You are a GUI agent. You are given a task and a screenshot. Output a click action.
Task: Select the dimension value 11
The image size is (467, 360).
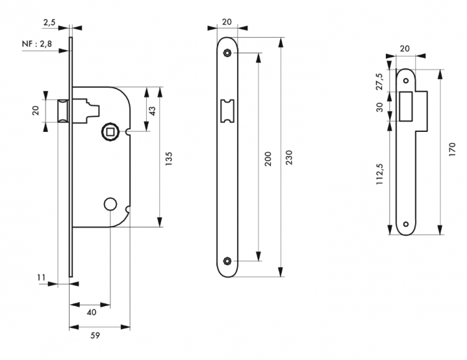42,278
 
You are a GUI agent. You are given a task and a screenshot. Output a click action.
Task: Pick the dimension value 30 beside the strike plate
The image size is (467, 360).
379,107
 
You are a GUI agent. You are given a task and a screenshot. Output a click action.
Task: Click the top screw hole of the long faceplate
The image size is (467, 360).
227,53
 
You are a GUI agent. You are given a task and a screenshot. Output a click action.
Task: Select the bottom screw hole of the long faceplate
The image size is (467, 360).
227,261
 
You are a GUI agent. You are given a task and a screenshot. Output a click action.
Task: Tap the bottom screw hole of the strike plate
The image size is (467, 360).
406,224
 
